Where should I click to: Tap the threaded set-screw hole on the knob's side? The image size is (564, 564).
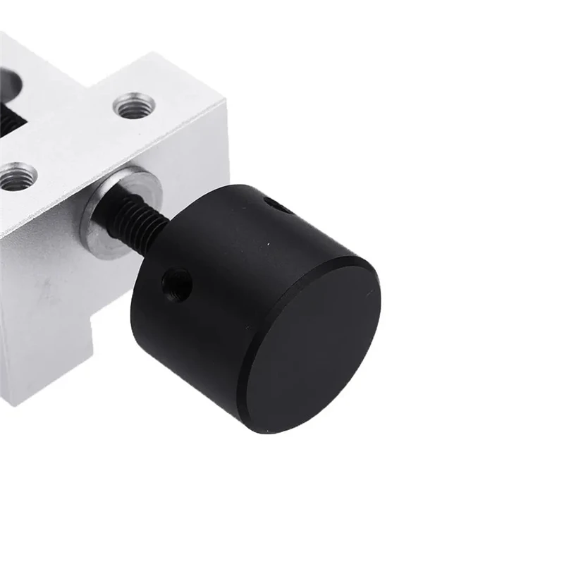pyautogui.click(x=176, y=284)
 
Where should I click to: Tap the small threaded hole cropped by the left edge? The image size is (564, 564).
pyautogui.click(x=16, y=176)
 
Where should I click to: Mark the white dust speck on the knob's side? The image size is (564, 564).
pyautogui.click(x=267, y=245)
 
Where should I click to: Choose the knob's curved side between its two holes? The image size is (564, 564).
pyautogui.click(x=226, y=240)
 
